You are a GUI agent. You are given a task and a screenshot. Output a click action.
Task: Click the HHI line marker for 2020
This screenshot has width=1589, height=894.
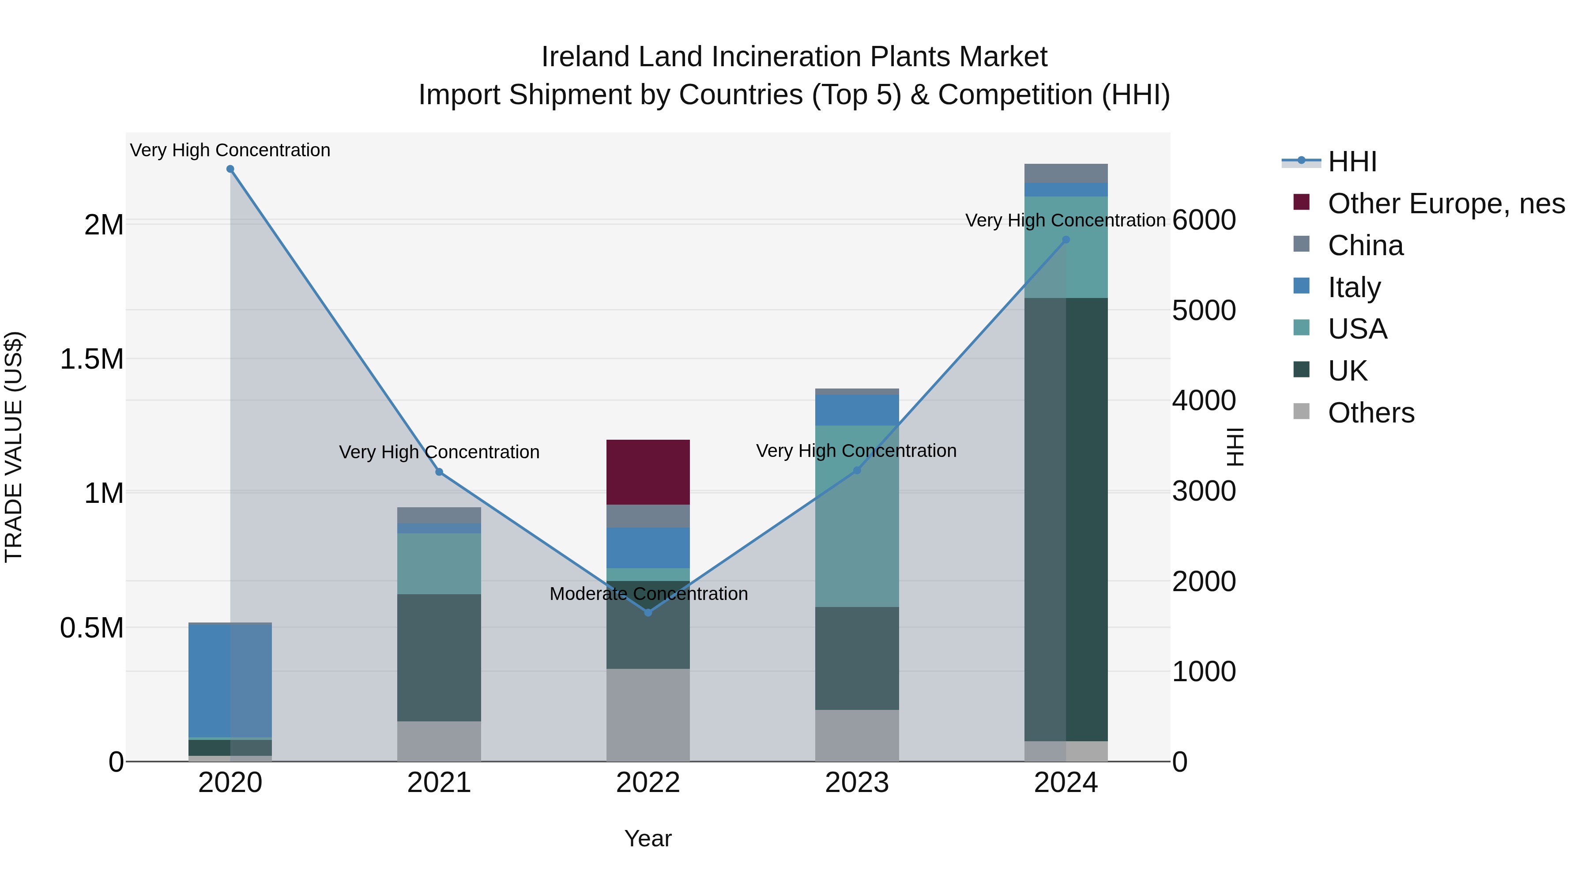tap(230, 169)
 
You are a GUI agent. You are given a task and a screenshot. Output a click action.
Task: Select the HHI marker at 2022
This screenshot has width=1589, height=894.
tap(648, 613)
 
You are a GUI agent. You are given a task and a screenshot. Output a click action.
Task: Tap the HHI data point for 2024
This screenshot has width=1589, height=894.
tap(1066, 240)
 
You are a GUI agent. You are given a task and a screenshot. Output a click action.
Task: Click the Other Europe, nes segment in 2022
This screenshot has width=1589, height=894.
tap(648, 472)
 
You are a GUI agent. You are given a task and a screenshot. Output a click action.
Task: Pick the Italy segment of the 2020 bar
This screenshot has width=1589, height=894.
tap(230, 681)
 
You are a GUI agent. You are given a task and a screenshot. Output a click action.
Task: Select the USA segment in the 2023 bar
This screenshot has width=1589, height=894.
tap(857, 516)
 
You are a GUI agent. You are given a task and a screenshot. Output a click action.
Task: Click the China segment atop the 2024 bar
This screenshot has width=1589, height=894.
tap(1066, 174)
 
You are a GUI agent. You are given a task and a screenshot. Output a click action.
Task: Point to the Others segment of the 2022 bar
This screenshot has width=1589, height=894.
tap(648, 715)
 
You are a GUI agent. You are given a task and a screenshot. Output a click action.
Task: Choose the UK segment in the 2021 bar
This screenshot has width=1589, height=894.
tap(439, 658)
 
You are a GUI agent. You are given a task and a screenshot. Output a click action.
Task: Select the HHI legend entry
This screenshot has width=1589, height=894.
tap(1352, 162)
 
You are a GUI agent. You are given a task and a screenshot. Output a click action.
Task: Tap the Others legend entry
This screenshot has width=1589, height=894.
tap(1370, 413)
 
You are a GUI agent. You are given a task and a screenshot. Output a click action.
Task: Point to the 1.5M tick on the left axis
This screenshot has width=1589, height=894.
tap(92, 359)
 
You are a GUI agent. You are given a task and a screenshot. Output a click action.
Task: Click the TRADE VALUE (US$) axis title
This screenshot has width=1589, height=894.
tap(14, 447)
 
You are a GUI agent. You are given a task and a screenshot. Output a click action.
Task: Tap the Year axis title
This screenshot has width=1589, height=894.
tap(648, 838)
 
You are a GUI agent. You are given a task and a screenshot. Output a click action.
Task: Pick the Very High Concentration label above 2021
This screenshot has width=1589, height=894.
tap(439, 452)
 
